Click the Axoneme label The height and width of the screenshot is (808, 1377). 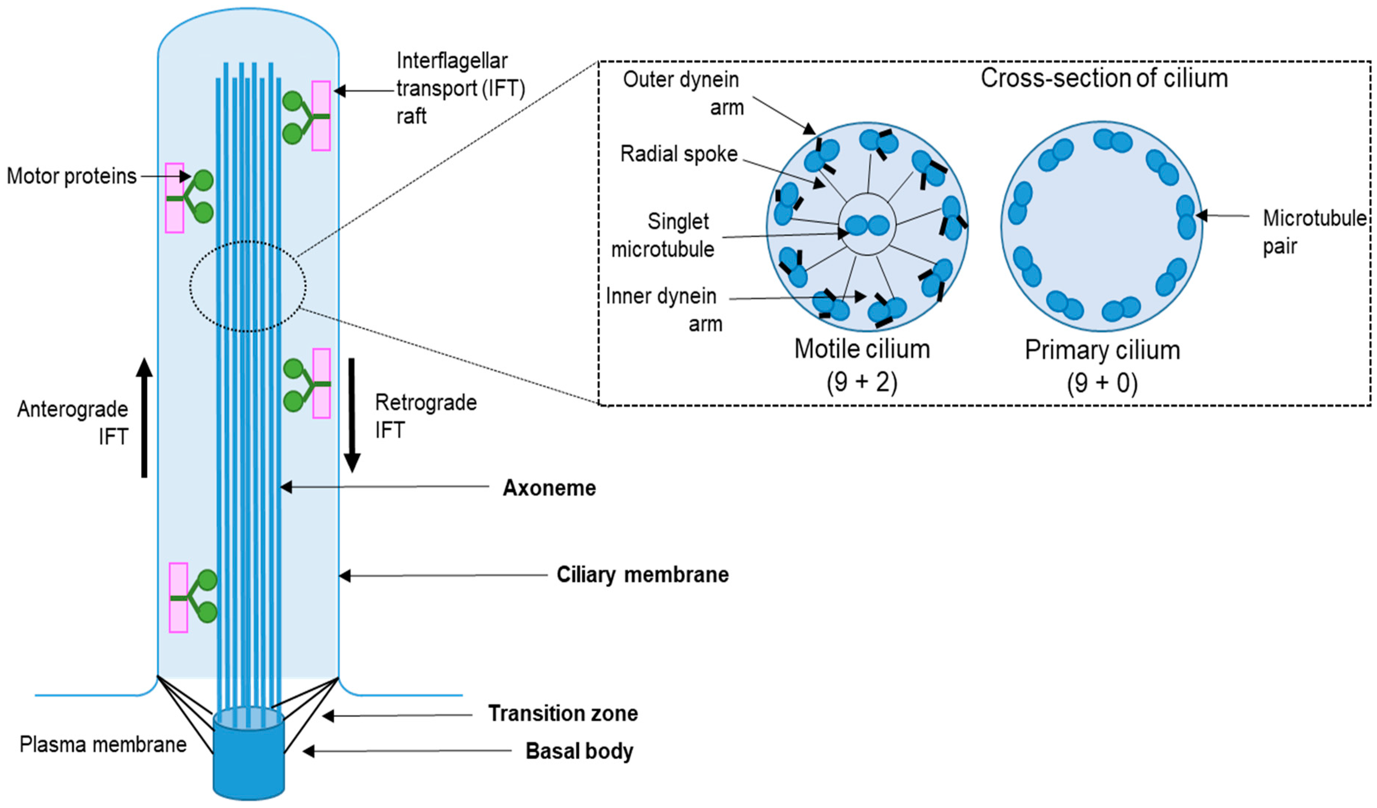[549, 488]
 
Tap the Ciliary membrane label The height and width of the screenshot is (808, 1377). [643, 575]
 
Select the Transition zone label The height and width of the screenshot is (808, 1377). [563, 714]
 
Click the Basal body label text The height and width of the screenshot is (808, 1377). [579, 751]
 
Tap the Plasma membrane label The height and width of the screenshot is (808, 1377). [103, 745]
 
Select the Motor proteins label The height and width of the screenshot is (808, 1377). [71, 176]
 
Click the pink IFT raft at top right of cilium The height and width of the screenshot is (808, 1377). [321, 116]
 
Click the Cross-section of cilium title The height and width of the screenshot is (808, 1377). [1104, 78]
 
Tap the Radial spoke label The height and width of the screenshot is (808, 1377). [679, 154]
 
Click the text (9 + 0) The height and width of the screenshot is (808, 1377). [1102, 383]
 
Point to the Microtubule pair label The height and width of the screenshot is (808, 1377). [1314, 232]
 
